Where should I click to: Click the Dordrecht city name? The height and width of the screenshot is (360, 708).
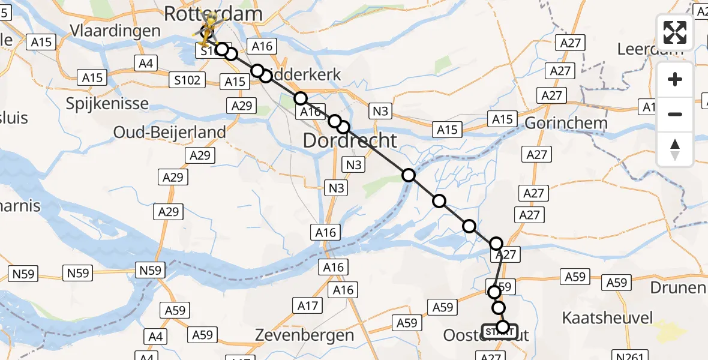(350, 141)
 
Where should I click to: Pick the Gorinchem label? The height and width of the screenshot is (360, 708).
(565, 123)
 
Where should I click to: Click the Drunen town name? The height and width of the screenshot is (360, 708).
(680, 287)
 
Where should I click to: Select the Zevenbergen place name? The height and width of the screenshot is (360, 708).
(304, 335)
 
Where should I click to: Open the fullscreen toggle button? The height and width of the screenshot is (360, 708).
(675, 32)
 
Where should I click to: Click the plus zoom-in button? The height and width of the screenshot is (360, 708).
(675, 79)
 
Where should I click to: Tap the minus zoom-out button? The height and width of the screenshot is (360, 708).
(675, 114)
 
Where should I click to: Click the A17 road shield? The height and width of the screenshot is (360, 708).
(308, 306)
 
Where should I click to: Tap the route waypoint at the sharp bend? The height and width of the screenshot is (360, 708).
(496, 244)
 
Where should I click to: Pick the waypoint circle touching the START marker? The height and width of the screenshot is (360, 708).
(503, 328)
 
